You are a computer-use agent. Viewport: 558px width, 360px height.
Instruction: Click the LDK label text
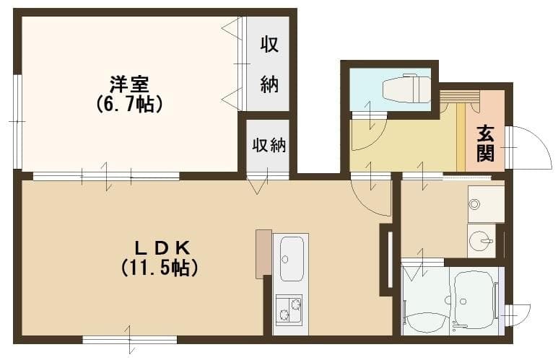tap(160, 247)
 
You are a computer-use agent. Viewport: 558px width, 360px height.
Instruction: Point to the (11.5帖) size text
tap(160, 268)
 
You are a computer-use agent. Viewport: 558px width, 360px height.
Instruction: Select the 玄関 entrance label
tap(485, 142)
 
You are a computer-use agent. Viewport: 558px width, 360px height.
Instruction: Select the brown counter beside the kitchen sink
tap(263, 254)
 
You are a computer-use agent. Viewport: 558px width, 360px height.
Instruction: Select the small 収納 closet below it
tap(269, 145)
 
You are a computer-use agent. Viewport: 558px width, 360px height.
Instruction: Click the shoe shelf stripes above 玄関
tap(459, 97)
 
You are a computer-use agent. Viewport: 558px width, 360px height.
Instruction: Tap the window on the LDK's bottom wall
tap(129, 338)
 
